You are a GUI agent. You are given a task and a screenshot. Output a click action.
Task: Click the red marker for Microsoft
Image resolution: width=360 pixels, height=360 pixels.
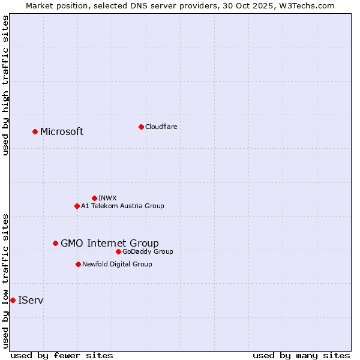(x=35, y=131)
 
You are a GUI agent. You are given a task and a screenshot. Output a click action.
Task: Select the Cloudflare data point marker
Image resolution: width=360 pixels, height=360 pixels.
(x=141, y=127)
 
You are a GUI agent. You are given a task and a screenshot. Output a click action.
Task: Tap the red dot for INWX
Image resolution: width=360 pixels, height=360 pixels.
(x=94, y=198)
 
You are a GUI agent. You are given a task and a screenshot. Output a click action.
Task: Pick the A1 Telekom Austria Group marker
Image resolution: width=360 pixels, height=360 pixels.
(x=77, y=206)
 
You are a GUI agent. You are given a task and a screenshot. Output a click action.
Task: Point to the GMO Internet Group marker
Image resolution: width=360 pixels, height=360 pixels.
(x=55, y=243)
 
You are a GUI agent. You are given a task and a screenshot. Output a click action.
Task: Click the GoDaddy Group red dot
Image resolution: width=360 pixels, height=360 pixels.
(x=118, y=251)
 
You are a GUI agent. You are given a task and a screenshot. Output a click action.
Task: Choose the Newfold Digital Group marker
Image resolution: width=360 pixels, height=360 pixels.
(x=78, y=264)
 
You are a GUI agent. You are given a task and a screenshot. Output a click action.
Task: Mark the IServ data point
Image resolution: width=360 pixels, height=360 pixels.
(x=13, y=300)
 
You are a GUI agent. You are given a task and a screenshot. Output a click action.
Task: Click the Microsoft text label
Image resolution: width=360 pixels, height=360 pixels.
(x=62, y=132)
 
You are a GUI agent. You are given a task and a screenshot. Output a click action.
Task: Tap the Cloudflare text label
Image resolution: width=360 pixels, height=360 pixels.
(x=161, y=127)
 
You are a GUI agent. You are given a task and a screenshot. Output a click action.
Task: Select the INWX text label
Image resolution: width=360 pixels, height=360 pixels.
(x=107, y=198)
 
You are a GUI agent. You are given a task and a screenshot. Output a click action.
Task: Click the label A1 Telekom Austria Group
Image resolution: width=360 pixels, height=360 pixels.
(x=122, y=206)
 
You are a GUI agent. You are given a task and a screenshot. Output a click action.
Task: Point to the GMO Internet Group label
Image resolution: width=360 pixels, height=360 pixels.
(x=110, y=243)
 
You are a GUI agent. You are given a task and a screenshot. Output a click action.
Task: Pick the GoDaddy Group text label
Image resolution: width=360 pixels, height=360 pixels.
(x=148, y=251)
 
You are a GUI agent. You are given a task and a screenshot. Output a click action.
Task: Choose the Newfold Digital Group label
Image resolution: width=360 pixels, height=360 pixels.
(x=117, y=264)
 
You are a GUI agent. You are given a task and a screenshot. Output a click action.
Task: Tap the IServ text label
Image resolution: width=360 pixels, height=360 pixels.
(x=31, y=300)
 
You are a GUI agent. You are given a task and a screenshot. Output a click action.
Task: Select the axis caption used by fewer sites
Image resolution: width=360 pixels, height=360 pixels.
(x=62, y=355)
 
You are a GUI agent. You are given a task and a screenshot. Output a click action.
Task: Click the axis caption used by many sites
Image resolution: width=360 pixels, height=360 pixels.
(x=301, y=355)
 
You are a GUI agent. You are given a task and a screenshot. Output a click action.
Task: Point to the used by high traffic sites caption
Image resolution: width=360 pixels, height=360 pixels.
(x=6, y=85)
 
